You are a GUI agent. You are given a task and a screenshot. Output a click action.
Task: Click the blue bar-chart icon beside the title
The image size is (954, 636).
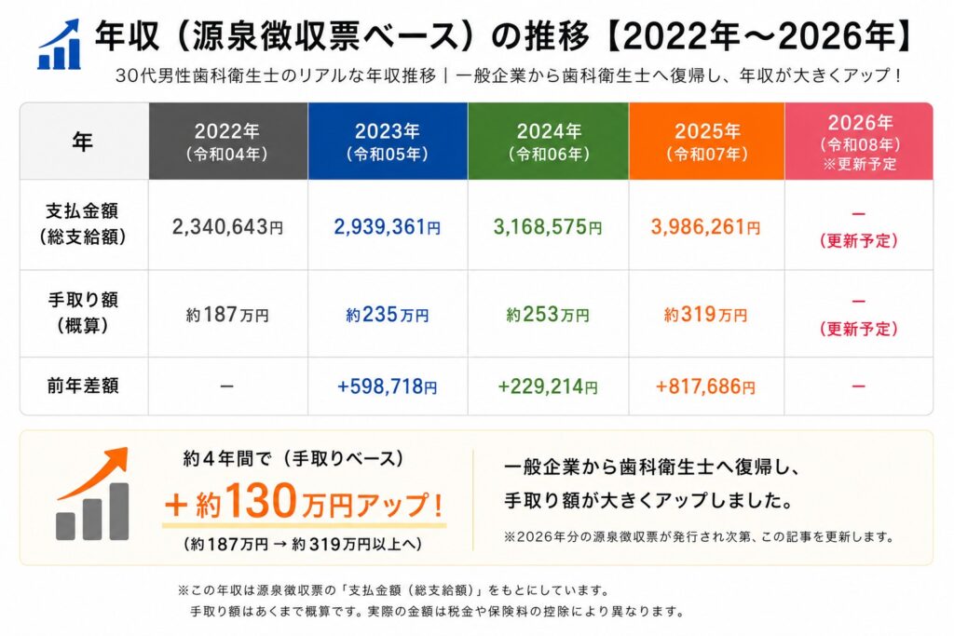tap(59, 45)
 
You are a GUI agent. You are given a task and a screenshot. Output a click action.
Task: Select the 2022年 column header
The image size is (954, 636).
tap(228, 141)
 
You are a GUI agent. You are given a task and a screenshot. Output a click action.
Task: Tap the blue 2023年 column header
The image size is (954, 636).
tap(388, 141)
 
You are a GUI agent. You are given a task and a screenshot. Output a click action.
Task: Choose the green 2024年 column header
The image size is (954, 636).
tap(548, 141)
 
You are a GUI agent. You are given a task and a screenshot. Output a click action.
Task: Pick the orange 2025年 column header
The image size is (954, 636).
tap(706, 141)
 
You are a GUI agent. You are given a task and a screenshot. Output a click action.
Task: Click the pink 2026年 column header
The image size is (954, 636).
tap(858, 141)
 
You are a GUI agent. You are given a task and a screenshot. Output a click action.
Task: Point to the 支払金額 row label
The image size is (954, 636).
tap(83, 223)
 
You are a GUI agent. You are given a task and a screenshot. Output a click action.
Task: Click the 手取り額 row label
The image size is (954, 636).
tap(83, 313)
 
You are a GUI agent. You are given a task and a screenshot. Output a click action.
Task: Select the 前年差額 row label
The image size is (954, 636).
tap(83, 386)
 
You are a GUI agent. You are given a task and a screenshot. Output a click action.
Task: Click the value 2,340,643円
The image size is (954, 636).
tap(227, 227)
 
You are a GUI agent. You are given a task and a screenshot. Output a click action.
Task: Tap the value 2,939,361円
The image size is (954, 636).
tap(387, 227)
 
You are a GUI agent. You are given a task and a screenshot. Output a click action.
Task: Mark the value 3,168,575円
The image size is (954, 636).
tap(548, 227)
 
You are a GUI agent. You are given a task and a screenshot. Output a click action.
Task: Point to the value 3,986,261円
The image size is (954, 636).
tap(706, 227)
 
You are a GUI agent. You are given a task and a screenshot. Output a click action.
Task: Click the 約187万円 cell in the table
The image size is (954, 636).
tap(227, 315)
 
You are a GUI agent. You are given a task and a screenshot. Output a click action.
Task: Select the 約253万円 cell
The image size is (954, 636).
tap(548, 315)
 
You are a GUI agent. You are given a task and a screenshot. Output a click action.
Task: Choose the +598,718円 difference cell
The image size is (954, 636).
tap(387, 386)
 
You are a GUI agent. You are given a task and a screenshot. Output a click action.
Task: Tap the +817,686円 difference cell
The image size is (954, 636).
tap(706, 386)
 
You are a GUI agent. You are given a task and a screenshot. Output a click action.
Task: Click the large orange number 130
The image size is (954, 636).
tap(262, 500)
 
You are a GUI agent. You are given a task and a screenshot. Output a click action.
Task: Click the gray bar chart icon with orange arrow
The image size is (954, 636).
tap(92, 494)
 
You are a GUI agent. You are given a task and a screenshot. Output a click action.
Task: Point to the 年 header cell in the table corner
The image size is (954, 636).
tap(83, 141)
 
